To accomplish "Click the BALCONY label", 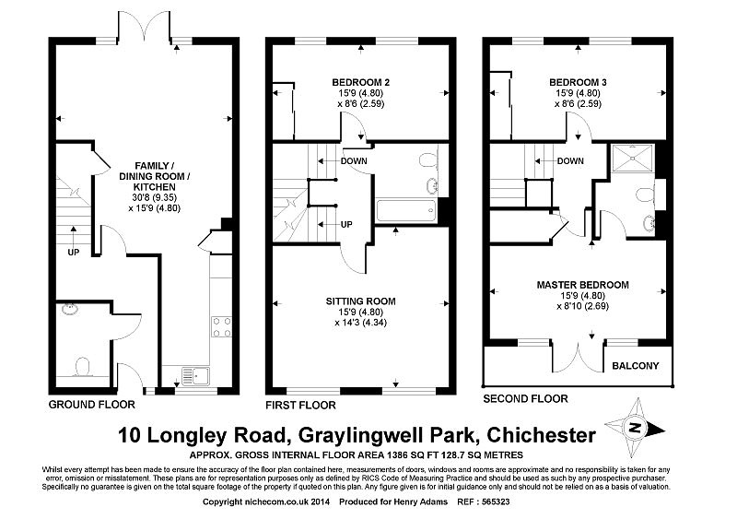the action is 635,366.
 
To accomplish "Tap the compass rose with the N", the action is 635,428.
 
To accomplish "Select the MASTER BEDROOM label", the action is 583,285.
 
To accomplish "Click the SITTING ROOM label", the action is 361,301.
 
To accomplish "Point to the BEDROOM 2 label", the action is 361,82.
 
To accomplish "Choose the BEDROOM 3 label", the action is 579,82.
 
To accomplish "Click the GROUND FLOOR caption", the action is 91,405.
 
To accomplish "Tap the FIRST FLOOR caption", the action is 301,405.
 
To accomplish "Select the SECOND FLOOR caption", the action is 525,399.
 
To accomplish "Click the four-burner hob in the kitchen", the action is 221,327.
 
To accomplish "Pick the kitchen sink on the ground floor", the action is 197,375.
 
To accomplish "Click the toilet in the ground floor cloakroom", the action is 83,367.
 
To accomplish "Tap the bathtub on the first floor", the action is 406,211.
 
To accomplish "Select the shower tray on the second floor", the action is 633,158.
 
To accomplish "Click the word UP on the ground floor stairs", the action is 74,253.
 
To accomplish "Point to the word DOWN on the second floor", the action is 570,161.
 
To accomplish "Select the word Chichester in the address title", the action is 542,435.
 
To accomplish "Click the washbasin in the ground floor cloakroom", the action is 71,309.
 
